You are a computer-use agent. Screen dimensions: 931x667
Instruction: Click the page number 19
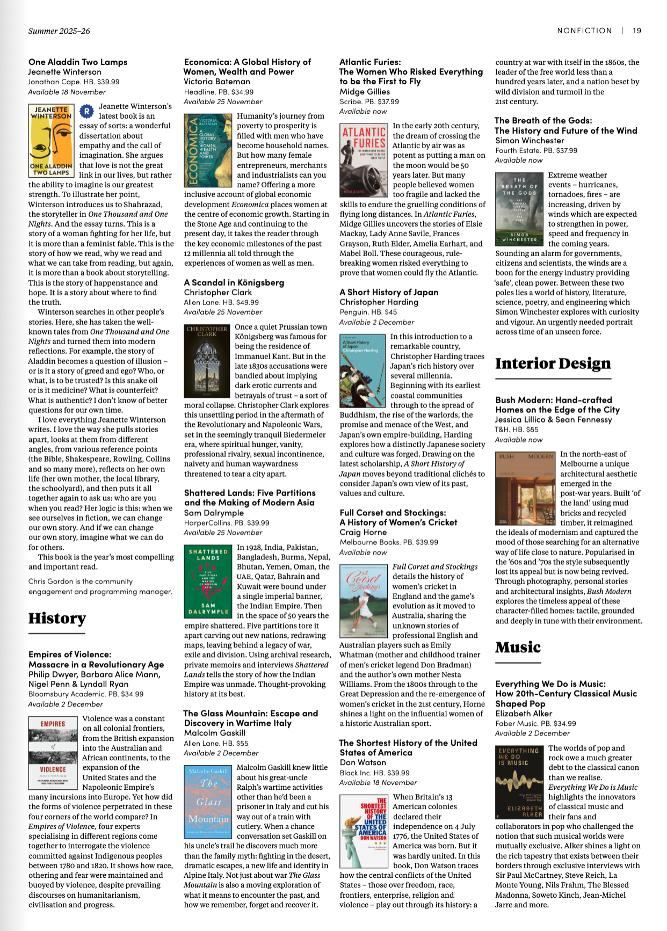(x=636, y=31)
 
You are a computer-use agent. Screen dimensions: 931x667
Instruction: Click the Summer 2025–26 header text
(x=59, y=31)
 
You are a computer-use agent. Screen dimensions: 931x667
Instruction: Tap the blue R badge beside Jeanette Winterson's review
(x=86, y=111)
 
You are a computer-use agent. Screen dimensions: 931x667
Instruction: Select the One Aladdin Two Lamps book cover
(x=50, y=141)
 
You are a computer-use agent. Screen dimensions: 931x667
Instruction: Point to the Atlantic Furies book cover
(x=363, y=161)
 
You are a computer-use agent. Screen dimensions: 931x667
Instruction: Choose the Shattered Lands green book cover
(x=208, y=581)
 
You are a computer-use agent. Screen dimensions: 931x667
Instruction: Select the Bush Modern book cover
(x=525, y=488)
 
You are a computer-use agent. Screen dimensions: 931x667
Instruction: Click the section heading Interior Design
(x=553, y=363)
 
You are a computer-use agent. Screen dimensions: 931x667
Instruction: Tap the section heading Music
(x=518, y=647)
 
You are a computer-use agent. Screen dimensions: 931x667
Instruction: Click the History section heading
(x=57, y=619)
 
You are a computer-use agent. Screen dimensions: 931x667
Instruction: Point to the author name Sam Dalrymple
(x=214, y=513)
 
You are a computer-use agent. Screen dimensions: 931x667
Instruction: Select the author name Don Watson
(x=363, y=762)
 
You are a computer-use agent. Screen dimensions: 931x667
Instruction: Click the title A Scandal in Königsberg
(x=234, y=282)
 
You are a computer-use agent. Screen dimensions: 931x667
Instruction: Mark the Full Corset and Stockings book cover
(x=363, y=600)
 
